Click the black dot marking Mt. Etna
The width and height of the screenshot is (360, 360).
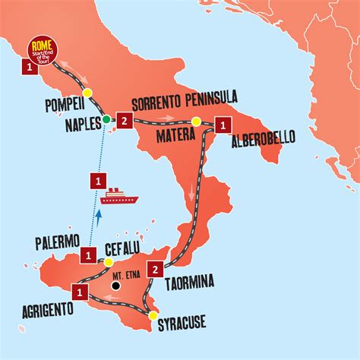pos(115,287)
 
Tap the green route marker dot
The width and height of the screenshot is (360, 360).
pos(107,119)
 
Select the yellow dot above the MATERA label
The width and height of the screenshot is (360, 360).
pos(195,122)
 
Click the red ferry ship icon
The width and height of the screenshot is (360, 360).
pos(119,197)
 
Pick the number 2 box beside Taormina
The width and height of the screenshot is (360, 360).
pos(156,268)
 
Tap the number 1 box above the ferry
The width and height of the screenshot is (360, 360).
pos(98,182)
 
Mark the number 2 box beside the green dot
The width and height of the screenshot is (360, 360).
pos(126,119)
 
